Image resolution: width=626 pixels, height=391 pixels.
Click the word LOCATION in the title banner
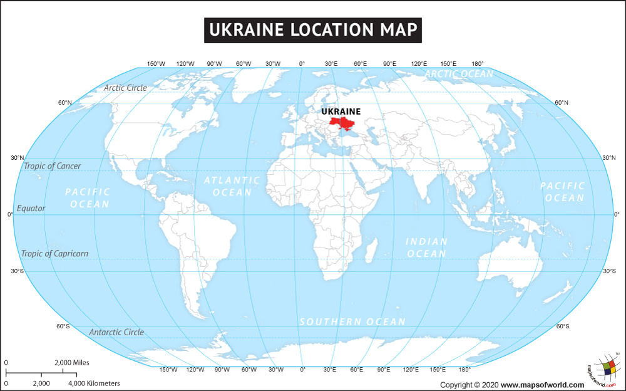[x=324, y=29]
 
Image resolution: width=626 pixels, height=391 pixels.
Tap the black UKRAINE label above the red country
[x=341, y=112]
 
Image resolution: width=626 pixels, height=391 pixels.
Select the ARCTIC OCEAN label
[x=459, y=74]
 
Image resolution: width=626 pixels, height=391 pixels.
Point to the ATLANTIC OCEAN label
[x=232, y=186]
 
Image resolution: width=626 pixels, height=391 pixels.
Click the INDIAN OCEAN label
[x=426, y=248]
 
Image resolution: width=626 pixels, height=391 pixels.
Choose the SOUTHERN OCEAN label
[x=352, y=321]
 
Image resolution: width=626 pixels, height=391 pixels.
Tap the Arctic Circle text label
[x=125, y=88]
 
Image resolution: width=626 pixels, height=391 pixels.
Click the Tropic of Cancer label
[x=52, y=166]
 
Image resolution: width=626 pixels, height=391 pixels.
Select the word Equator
[x=31, y=208]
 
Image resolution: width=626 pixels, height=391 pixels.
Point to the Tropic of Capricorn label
[x=54, y=254]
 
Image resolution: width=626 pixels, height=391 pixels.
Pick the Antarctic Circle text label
[x=116, y=332]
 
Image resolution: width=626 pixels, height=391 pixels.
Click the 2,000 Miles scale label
[x=72, y=363]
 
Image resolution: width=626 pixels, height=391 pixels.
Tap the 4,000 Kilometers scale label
[x=94, y=383]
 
